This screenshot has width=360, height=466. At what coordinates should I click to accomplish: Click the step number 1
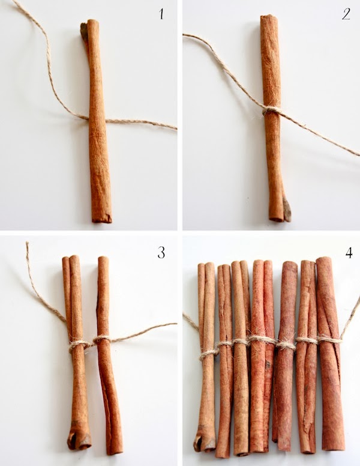click(161, 14)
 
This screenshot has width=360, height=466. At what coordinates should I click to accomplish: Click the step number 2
click(346, 14)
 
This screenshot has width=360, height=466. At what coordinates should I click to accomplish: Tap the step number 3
click(161, 253)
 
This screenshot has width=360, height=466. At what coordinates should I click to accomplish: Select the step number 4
click(349, 253)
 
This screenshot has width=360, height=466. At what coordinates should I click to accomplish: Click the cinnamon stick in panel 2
click(274, 118)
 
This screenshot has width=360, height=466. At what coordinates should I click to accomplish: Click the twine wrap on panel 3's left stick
click(79, 346)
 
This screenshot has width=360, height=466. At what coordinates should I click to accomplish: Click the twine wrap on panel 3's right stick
click(102, 339)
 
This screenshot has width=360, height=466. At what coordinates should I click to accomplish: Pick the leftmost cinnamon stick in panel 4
click(206, 357)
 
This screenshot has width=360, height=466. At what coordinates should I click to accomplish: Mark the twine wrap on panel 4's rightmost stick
click(329, 338)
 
